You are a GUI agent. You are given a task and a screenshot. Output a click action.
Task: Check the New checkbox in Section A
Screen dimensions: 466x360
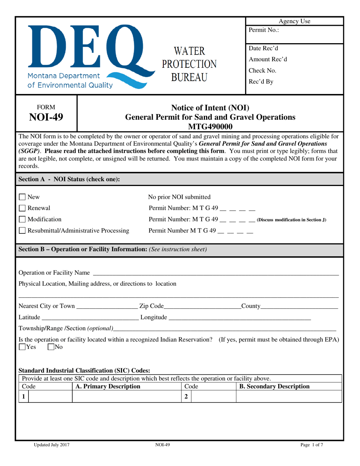[22, 197]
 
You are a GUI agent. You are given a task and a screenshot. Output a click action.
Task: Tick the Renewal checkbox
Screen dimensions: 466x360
[22, 208]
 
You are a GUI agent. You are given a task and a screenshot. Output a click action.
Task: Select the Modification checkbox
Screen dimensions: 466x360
[22, 219]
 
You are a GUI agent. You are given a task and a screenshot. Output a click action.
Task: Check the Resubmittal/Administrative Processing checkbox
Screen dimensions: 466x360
[22, 231]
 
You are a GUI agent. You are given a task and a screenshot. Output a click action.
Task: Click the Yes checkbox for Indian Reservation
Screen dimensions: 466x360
[22, 346]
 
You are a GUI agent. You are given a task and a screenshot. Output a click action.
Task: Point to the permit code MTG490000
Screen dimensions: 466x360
[210, 126]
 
